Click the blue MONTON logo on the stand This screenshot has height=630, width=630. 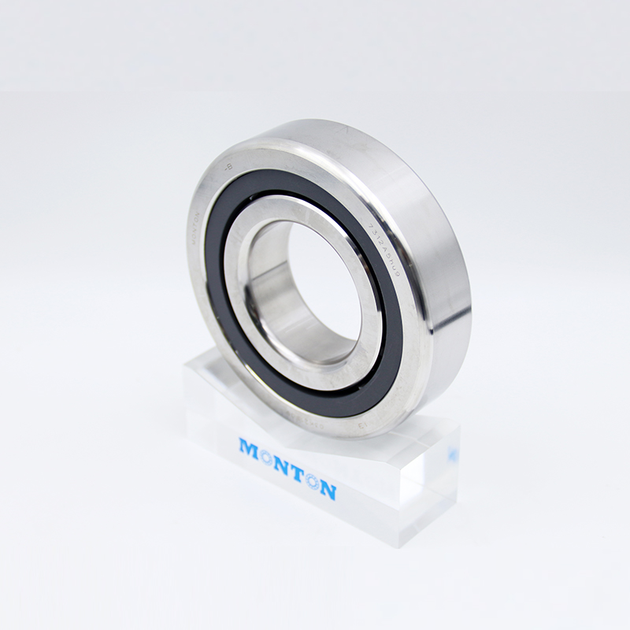click(x=288, y=469)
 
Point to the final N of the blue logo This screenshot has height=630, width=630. click(x=328, y=491)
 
